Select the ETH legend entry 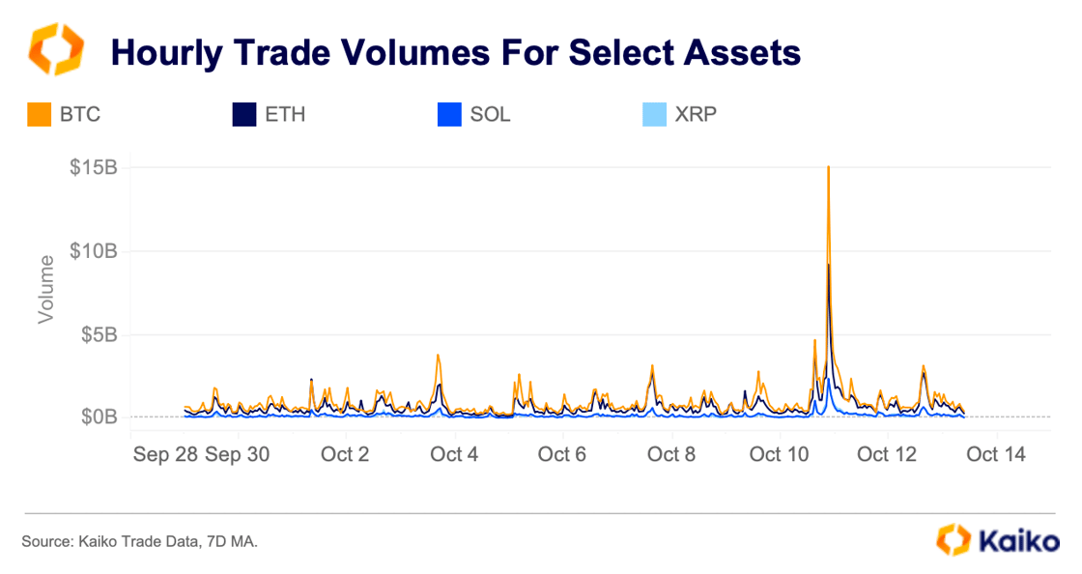[x=271, y=115]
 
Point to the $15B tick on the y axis [x=93, y=167]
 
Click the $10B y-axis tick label [x=93, y=251]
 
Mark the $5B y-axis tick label [x=98, y=334]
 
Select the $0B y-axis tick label [x=98, y=417]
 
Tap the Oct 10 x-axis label [x=779, y=453]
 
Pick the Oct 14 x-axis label [x=996, y=453]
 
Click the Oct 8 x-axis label [x=670, y=453]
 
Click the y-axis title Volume [x=46, y=289]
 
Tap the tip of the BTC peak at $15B [x=829, y=167]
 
